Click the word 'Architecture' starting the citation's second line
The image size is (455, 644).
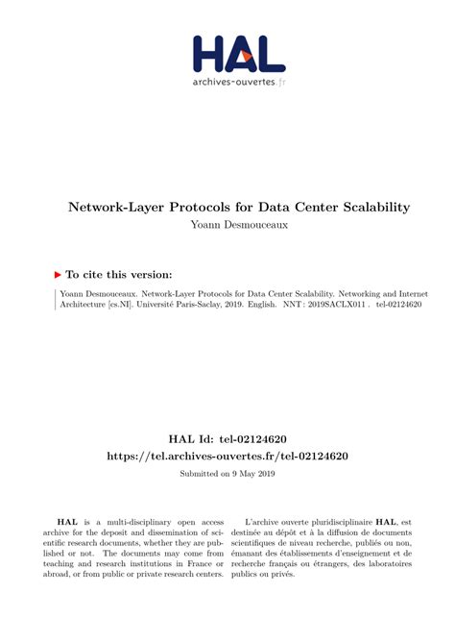pos(78,304)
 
